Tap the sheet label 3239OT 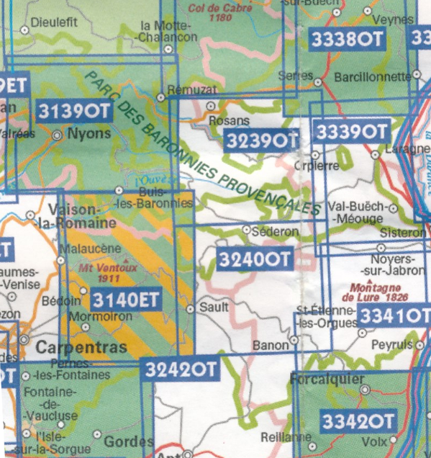260,140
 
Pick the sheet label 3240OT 255,258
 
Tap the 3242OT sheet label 181,369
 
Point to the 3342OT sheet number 358,420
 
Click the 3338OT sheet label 348,40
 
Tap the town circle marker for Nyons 58,134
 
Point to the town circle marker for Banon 294,339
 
